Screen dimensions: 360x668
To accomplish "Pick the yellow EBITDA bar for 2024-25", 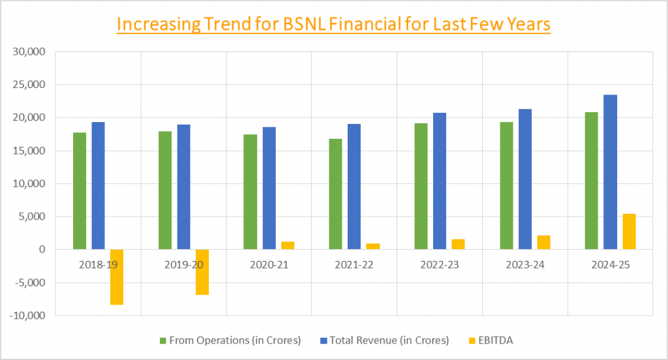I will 629,231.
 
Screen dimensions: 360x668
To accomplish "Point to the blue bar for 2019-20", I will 183,187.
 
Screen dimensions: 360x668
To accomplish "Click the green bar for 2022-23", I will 421,186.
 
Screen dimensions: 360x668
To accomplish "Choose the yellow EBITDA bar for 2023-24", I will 543,242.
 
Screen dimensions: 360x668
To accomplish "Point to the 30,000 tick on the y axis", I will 30,52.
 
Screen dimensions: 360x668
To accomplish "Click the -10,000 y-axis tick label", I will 28,316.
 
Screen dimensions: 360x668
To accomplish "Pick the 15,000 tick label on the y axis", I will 30,151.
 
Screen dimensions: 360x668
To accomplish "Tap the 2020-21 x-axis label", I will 269,266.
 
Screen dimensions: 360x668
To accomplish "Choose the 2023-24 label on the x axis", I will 524,266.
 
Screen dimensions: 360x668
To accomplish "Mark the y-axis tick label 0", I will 41,250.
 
